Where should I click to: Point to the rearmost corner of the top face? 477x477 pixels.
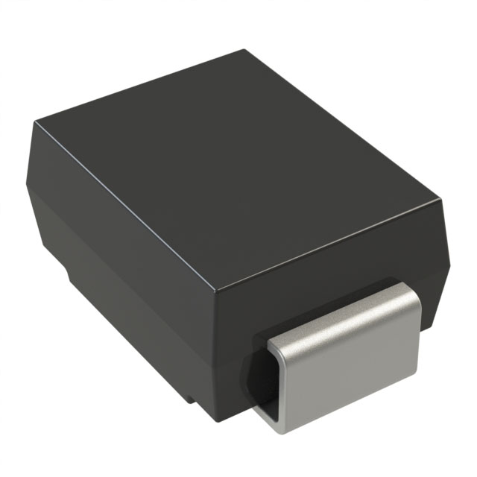click(246, 51)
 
